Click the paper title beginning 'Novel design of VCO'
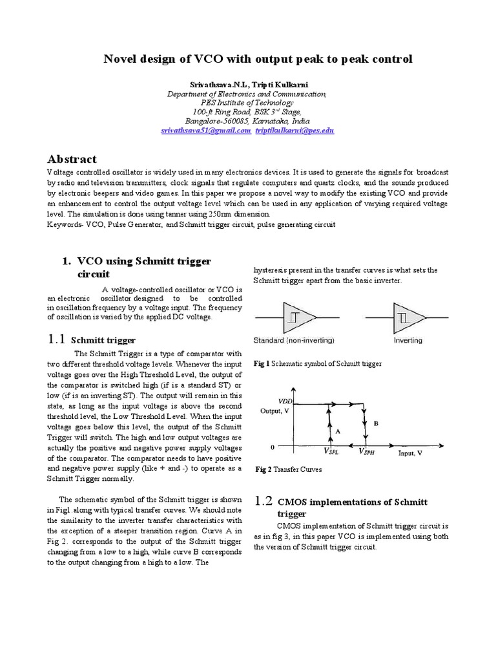(x=258, y=59)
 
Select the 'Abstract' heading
(x=72, y=159)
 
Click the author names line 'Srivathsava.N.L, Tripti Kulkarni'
(x=247, y=84)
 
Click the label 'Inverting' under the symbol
(x=408, y=340)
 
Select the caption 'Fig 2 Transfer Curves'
(x=288, y=470)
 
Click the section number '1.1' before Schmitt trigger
(x=56, y=339)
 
